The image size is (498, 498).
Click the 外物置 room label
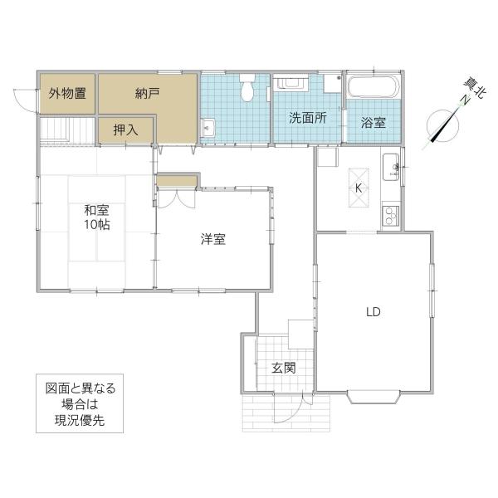[x=67, y=94]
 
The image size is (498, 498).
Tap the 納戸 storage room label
[x=147, y=94]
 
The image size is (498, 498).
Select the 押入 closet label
[x=126, y=130]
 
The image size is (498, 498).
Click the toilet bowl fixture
[x=247, y=88]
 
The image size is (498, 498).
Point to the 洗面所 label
[x=308, y=118]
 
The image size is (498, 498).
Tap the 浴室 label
[x=373, y=123]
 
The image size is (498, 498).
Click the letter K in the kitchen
[x=359, y=188]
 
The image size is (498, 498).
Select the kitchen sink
[x=391, y=167]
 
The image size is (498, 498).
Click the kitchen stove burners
[x=390, y=216]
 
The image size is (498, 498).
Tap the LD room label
[x=373, y=312]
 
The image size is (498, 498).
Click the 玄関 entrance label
[x=284, y=368]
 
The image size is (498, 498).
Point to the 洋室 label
[x=213, y=239]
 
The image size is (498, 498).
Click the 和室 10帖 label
[x=97, y=217]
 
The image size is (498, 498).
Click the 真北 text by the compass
[x=474, y=88]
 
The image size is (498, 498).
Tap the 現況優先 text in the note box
[x=80, y=421]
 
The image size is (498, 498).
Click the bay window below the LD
[x=374, y=397]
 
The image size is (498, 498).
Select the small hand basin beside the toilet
[x=208, y=127]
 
